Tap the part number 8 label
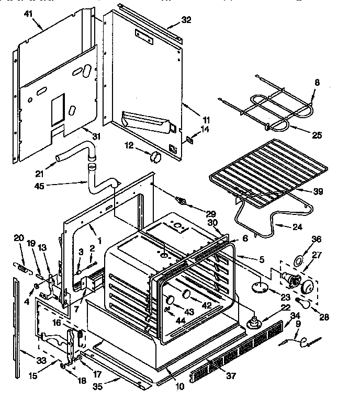pos(317,82)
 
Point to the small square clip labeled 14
pos(191,140)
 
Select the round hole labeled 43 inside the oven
pos(170,299)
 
